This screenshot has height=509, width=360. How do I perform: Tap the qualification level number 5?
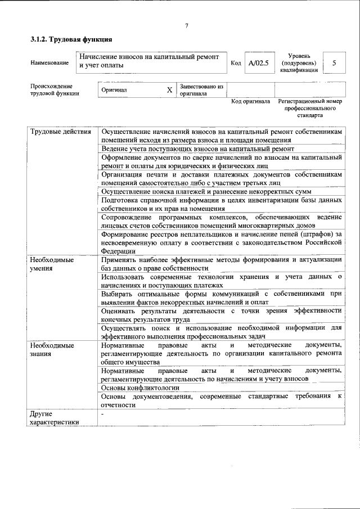coord(334,63)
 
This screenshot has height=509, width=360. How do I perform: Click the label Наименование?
coord(49,64)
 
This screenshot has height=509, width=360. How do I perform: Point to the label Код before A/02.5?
coord(236,64)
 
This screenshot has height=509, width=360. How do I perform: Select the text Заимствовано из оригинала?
coord(201,90)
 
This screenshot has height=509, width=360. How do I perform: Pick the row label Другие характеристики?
coord(55,418)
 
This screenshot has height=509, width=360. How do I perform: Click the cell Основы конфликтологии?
coord(140,388)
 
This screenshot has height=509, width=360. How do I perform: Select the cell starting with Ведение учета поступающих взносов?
coord(197,148)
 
